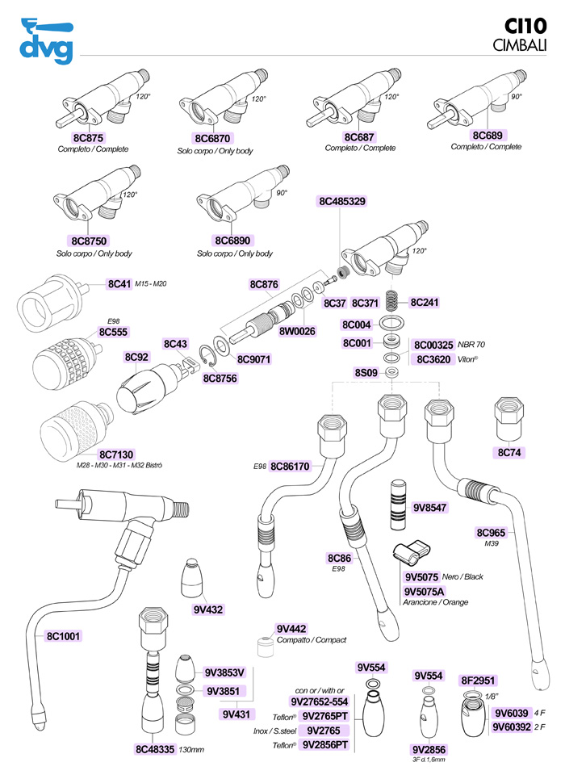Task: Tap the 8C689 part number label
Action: click(x=492, y=136)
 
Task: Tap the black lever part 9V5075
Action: click(x=412, y=556)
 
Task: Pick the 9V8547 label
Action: click(x=431, y=508)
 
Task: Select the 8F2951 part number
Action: click(x=477, y=680)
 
